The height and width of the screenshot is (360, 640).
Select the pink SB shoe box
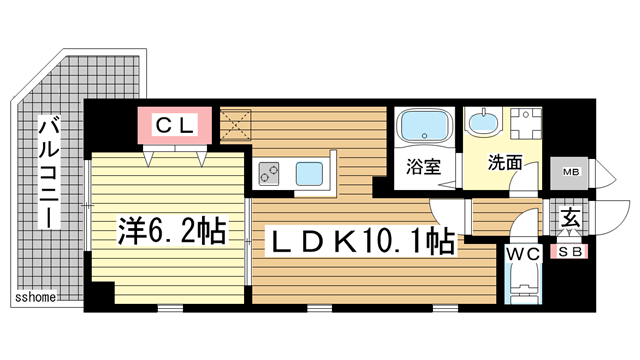[x=570, y=252]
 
